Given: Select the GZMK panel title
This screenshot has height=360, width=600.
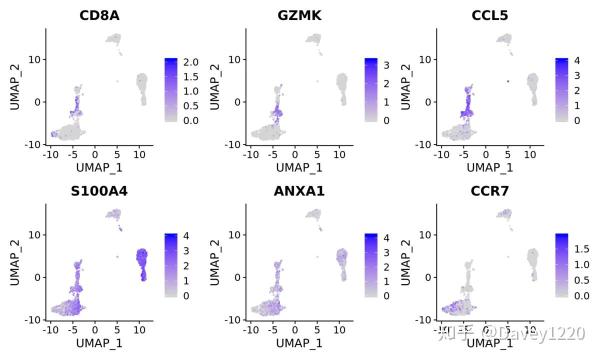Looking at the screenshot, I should [x=299, y=15].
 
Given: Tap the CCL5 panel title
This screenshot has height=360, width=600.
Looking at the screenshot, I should [x=489, y=15].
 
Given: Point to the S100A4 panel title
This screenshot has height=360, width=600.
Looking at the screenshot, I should [x=99, y=191].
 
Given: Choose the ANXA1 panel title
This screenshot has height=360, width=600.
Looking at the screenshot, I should [x=299, y=191].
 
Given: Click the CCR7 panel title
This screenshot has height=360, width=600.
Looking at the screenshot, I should [x=489, y=191].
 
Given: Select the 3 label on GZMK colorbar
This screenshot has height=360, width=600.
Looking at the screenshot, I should [x=385, y=66].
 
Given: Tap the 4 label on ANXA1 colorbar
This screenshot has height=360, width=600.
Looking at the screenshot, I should [x=385, y=237].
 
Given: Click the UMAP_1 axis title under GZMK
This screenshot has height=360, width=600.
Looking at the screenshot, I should [x=299, y=167].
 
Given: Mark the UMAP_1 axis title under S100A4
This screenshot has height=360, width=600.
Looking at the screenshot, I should [x=99, y=343].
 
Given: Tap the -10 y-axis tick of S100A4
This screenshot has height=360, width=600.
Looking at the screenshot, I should [x=34, y=319].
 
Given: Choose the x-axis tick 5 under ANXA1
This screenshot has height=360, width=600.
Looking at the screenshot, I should [x=317, y=330].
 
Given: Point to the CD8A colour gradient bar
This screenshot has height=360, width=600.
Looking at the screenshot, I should [x=171, y=90].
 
